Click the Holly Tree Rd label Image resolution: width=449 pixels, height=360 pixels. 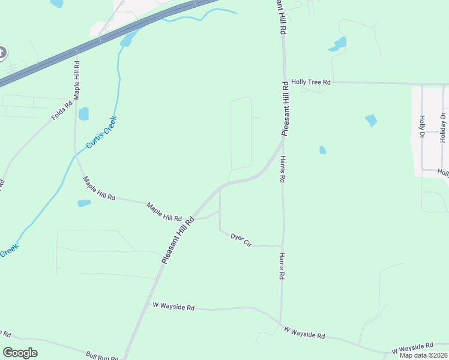coord(311,82)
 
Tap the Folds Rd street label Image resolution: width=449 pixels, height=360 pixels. coord(62,110)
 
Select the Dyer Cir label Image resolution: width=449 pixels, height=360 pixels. coord(240,238)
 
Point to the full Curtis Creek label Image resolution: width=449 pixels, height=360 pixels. coord(101,133)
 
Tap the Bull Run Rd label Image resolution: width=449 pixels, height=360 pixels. coord(101,356)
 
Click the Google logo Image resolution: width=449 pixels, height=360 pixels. coord(20,353)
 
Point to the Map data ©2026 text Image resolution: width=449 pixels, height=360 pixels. coord(423,355)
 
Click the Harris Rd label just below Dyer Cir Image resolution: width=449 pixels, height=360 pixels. coord(281,266)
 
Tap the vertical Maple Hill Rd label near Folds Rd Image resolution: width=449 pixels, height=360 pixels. coord(77,79)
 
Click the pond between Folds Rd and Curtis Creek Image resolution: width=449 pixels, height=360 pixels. coord(83,113)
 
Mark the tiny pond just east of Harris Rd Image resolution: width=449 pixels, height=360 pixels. coord(322,150)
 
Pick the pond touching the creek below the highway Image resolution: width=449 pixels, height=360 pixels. coord(126,40)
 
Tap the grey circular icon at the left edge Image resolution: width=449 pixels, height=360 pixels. coord(2,53)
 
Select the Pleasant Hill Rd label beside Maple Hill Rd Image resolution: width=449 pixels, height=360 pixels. coord(178,239)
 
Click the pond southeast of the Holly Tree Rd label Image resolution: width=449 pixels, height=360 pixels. coord(371,121)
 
